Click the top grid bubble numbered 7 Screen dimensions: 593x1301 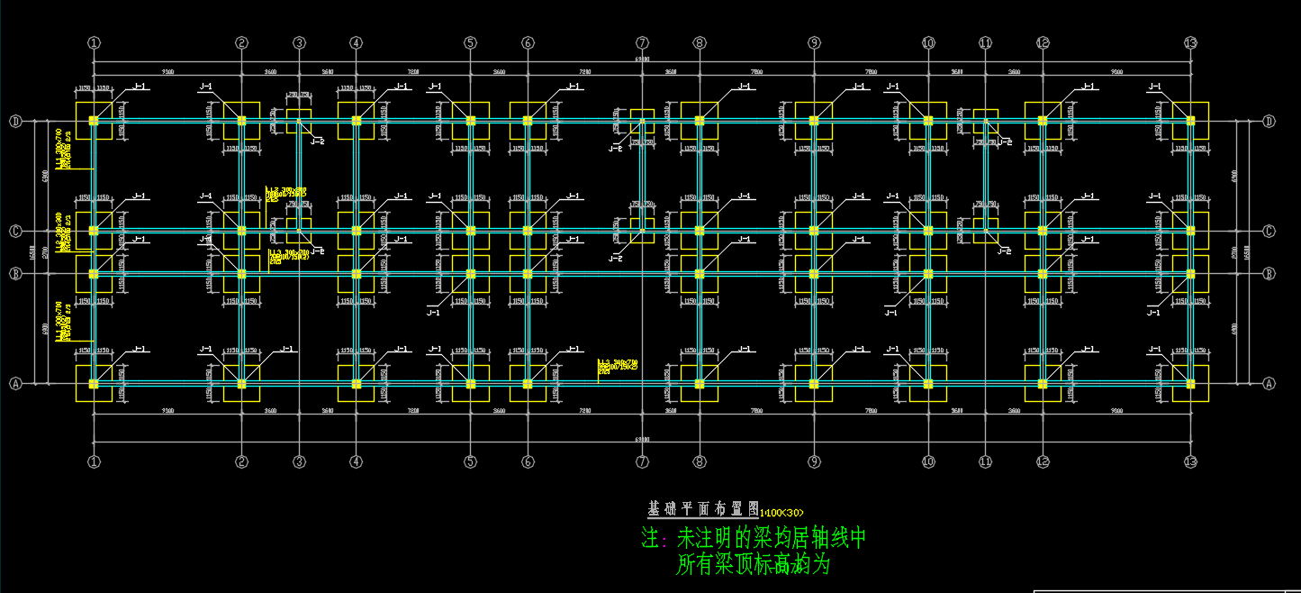pos(642,42)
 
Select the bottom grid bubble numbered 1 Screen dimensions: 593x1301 pos(94,462)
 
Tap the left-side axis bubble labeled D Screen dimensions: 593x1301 pos(15,122)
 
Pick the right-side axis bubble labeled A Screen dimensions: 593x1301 pos(1269,383)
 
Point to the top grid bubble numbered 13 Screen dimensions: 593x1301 pos(1190,42)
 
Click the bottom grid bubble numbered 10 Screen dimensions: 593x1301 pos(928,462)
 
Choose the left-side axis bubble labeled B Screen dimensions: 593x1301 pos(15,273)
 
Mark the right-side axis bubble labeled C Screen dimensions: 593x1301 pos(1269,232)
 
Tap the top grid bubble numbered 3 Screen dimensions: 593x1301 pos(300,42)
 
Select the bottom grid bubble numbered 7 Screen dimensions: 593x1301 pos(642,462)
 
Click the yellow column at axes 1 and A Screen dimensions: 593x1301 pos(94,384)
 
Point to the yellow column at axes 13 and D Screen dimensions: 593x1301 pos(1190,120)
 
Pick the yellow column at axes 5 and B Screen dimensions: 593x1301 pos(470,274)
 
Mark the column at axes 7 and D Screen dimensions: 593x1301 pos(642,120)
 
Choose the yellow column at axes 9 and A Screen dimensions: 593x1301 pos(814,384)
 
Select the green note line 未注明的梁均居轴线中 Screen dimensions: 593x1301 pos(753,539)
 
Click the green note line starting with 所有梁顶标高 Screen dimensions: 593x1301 pos(753,566)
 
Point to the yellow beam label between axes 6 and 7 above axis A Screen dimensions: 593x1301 pos(618,365)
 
